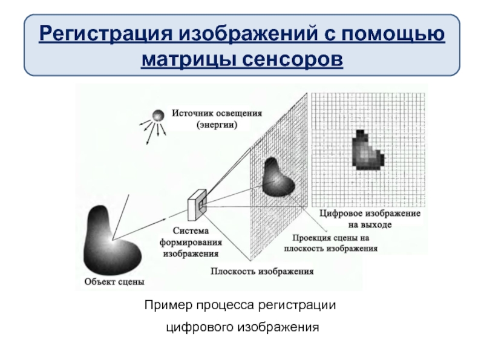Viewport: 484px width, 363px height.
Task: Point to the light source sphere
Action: [158, 114]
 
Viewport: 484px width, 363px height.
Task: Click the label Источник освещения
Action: [217, 113]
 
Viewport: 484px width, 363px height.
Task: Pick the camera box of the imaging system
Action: [198, 203]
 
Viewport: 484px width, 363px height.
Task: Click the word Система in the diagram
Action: [191, 231]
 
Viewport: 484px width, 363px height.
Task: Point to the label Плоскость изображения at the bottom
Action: [262, 272]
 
